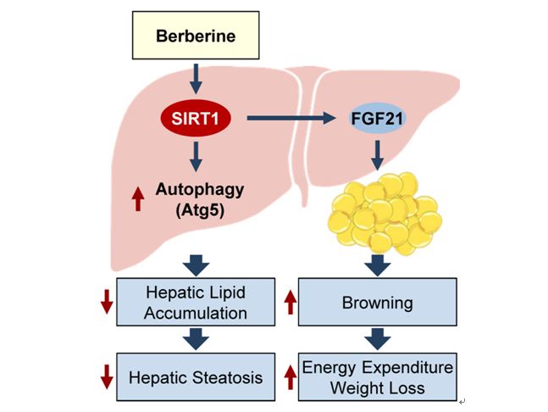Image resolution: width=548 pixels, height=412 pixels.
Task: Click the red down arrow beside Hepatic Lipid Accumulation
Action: pyautogui.click(x=107, y=302)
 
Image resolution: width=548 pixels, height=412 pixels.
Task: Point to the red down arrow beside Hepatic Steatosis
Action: pyautogui.click(x=107, y=376)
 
